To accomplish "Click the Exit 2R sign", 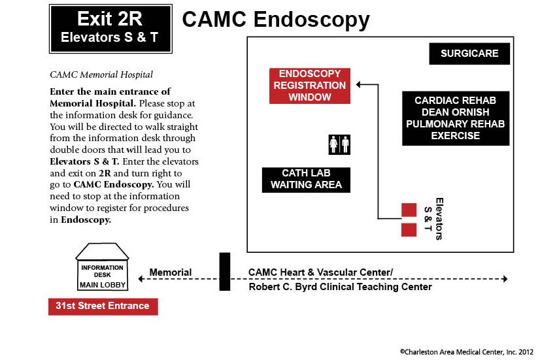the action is coord(110,29).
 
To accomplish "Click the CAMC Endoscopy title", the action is coord(276,20).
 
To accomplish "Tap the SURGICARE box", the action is coord(469,54).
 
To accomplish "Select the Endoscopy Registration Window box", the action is coord(310,86).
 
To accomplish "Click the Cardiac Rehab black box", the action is coord(456,118).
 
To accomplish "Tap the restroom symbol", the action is coord(339,144).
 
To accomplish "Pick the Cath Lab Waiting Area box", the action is coord(306,180).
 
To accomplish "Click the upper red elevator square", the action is coord(409,210).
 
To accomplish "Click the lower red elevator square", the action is coord(409,230).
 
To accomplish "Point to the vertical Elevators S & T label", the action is coord(433,218).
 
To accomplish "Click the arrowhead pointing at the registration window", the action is coord(358,84).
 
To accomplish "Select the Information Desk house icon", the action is coord(102,267).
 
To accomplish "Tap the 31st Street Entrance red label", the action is coord(103,306).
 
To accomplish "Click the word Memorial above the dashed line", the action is coord(171,272).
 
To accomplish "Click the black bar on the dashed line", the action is coord(224,272).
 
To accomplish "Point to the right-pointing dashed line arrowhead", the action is coord(505,279).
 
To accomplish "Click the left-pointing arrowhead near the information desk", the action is coord(141,279).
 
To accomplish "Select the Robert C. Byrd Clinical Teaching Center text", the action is coord(340,287).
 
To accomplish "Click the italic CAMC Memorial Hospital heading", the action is coord(101,74).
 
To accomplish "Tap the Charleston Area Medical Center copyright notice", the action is coord(467,352).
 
